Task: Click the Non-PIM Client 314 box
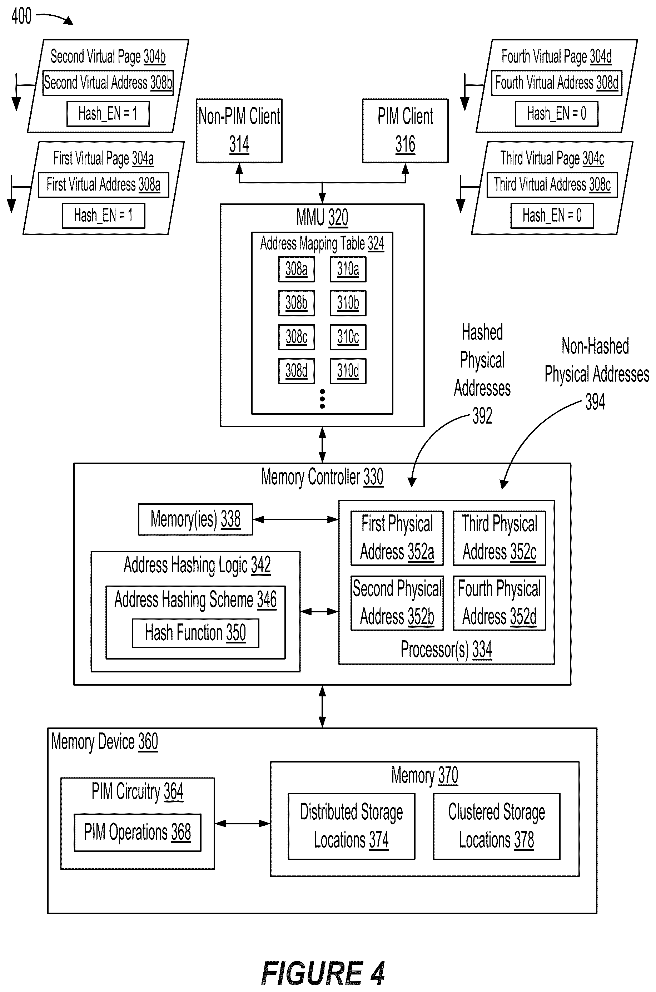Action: pos(239,130)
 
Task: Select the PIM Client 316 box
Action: pos(405,130)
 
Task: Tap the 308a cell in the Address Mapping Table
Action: pos(296,269)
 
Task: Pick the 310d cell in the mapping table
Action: pos(348,371)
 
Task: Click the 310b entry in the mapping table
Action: pos(348,303)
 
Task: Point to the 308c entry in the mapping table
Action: pos(296,337)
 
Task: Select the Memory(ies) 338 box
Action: pos(195,519)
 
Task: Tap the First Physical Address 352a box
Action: pos(397,538)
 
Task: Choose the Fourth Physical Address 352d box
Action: pos(500,603)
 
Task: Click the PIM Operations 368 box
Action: pos(138,833)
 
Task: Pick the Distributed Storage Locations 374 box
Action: pos(352,826)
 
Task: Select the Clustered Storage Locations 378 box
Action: pos(497,826)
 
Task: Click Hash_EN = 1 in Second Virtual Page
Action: pos(108,113)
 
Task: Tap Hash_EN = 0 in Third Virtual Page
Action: pos(552,216)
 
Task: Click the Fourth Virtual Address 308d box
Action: pos(556,83)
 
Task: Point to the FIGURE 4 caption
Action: pos(323,973)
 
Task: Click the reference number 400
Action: pos(21,16)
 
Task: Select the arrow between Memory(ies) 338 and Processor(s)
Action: pos(296,519)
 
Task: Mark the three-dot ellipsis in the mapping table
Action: pos(322,399)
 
